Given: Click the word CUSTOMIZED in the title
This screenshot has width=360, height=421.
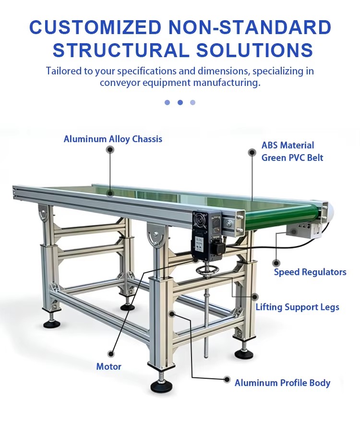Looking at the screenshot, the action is click(96, 27).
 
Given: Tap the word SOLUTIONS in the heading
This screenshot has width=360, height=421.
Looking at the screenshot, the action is click(255, 50).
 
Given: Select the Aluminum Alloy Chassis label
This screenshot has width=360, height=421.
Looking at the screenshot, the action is click(113, 139).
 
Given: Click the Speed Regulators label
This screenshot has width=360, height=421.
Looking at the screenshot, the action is click(310, 272).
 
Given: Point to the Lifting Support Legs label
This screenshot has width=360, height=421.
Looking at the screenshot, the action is click(297, 307).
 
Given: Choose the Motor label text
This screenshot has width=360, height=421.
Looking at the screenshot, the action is click(109, 366).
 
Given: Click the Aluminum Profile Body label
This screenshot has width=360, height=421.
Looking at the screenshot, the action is click(282, 383).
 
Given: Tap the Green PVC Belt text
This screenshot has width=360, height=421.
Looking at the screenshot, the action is click(292, 157).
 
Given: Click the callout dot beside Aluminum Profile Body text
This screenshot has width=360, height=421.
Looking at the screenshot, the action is click(227, 380).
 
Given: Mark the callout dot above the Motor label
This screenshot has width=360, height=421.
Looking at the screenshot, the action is click(110, 354).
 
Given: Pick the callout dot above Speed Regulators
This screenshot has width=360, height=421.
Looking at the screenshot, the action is click(276, 263).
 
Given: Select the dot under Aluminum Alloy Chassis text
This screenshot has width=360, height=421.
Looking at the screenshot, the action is click(110, 150).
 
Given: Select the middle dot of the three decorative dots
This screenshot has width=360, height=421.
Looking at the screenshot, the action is click(180, 102).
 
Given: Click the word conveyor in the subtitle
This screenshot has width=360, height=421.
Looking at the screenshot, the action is click(120, 82).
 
